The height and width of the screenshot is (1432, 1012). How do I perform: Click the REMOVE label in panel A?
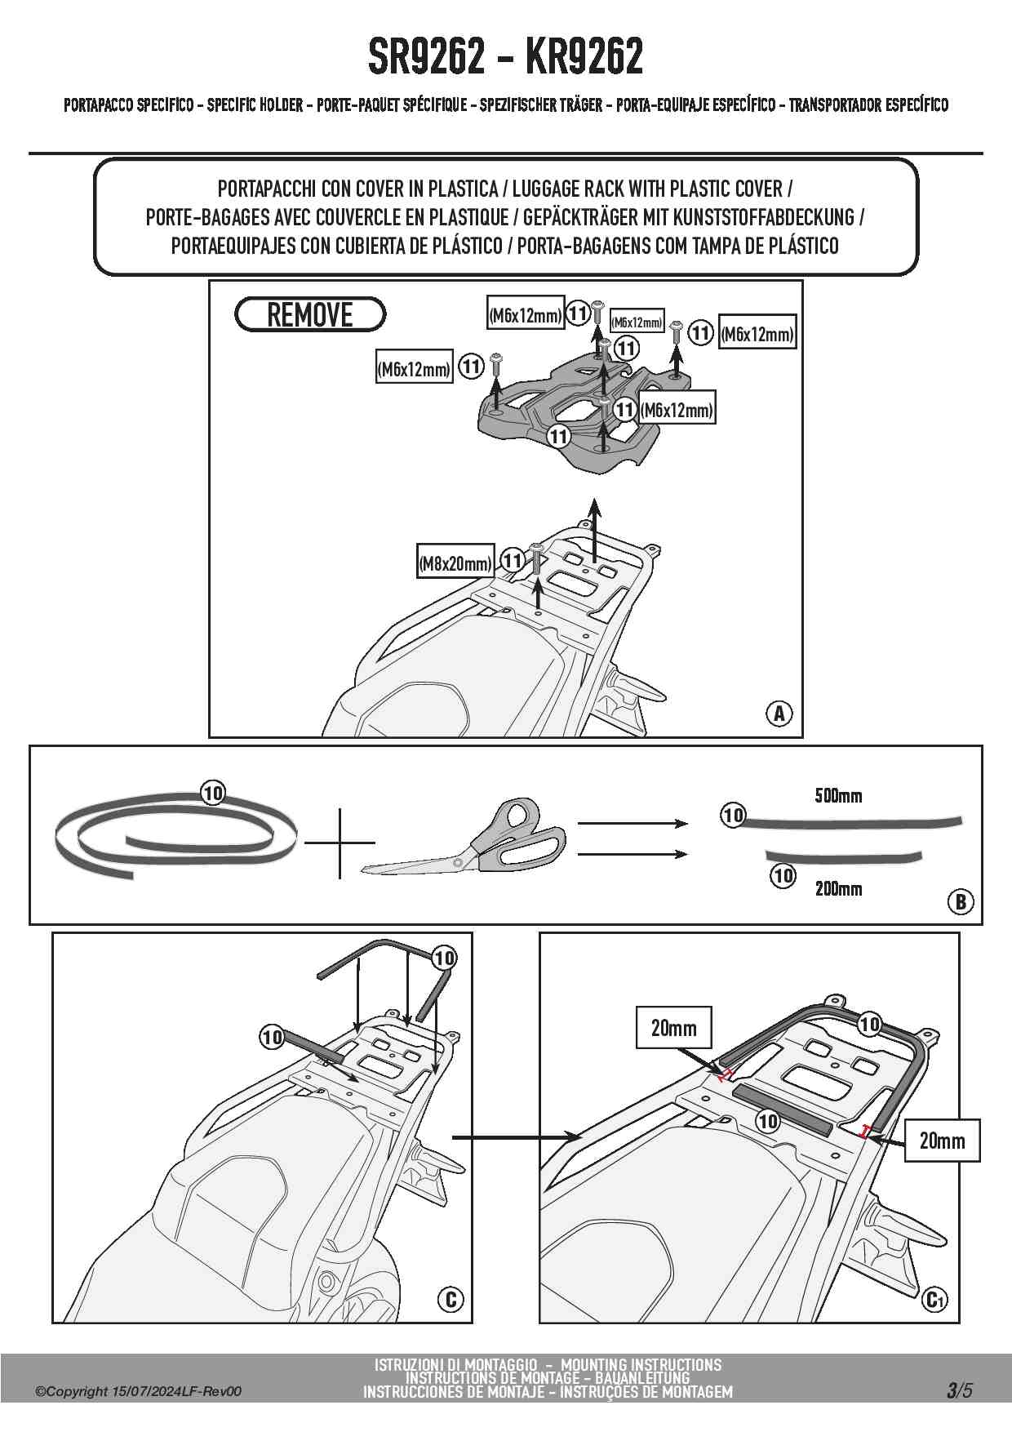click(x=309, y=314)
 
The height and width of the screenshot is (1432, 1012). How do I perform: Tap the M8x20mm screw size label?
click(x=455, y=563)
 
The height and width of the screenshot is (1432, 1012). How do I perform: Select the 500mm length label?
click(x=837, y=795)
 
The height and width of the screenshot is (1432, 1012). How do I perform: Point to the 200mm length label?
click(x=837, y=888)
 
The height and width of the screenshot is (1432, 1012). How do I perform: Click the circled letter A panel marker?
click(x=779, y=713)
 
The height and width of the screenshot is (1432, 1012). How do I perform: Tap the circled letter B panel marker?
click(x=961, y=901)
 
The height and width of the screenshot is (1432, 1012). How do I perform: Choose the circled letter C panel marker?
click(x=450, y=1299)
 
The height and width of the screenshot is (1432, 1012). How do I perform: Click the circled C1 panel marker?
click(x=935, y=1299)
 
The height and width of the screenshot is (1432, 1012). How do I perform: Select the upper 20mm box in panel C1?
click(x=673, y=1028)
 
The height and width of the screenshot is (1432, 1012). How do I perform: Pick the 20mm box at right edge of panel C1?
click(x=942, y=1141)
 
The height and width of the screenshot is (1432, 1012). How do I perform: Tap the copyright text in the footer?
click(x=138, y=1392)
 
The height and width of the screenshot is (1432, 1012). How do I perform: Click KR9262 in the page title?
click(x=584, y=56)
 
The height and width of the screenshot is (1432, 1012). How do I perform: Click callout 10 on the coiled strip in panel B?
click(x=212, y=793)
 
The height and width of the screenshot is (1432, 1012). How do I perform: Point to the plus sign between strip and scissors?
click(x=339, y=842)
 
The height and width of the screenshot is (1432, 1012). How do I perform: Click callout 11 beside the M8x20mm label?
click(x=512, y=561)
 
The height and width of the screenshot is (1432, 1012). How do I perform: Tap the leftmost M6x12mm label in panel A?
click(x=414, y=369)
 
